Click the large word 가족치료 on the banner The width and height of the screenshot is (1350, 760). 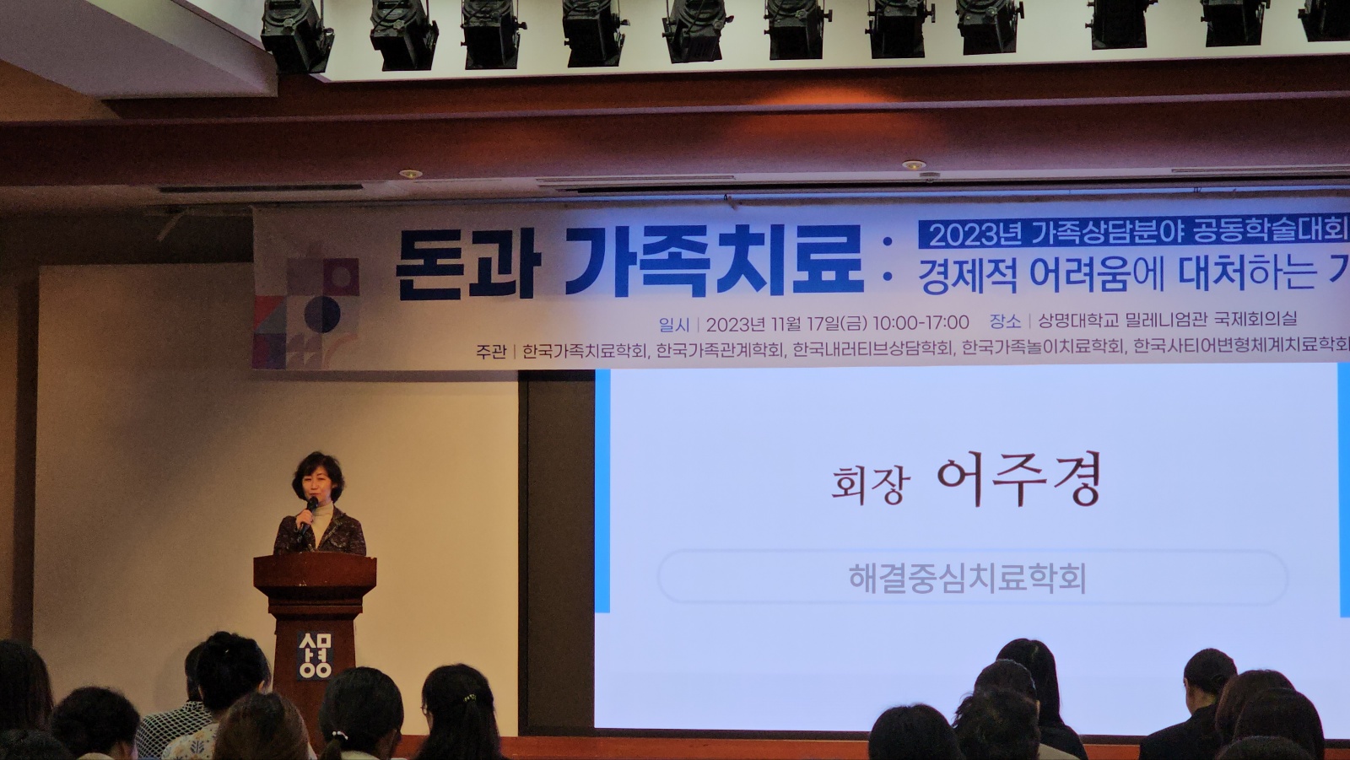(x=715, y=261)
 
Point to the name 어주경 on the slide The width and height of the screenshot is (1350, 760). (x=1019, y=479)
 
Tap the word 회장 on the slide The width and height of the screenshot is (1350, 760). (x=870, y=484)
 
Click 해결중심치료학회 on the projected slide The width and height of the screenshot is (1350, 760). (x=967, y=578)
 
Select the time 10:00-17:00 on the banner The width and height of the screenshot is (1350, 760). (x=921, y=323)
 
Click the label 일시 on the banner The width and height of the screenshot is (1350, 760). (x=674, y=326)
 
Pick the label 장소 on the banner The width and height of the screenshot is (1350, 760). (x=1005, y=321)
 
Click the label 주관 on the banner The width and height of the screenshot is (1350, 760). (x=490, y=352)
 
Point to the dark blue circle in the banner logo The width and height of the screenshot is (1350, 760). (x=321, y=314)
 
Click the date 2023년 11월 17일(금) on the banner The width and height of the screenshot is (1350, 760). (x=786, y=324)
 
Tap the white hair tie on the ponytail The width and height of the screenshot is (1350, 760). (x=339, y=736)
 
